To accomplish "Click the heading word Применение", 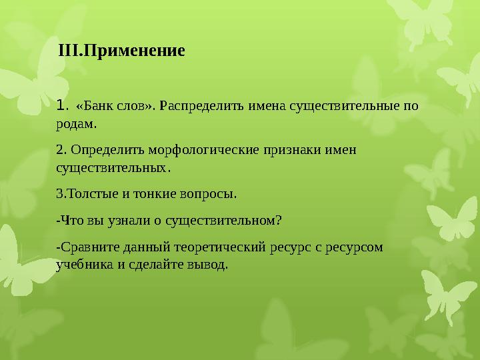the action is pyautogui.click(x=134, y=51).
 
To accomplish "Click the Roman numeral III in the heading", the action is pyautogui.click(x=68, y=51).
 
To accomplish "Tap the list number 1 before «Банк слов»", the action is pyautogui.click(x=60, y=105).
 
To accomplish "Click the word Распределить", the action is pyautogui.click(x=202, y=106).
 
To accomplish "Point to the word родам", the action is pyautogui.click(x=75, y=124).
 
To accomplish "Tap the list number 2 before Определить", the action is pyautogui.click(x=60, y=150).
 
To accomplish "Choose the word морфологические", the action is pyautogui.click(x=204, y=150).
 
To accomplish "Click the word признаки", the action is pyautogui.click(x=293, y=150).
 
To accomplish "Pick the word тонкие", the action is pyautogui.click(x=155, y=194).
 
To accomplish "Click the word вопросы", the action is pyautogui.click(x=207, y=195).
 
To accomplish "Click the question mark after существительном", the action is pyautogui.click(x=278, y=221).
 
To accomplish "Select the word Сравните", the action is pyautogui.click(x=89, y=247).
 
